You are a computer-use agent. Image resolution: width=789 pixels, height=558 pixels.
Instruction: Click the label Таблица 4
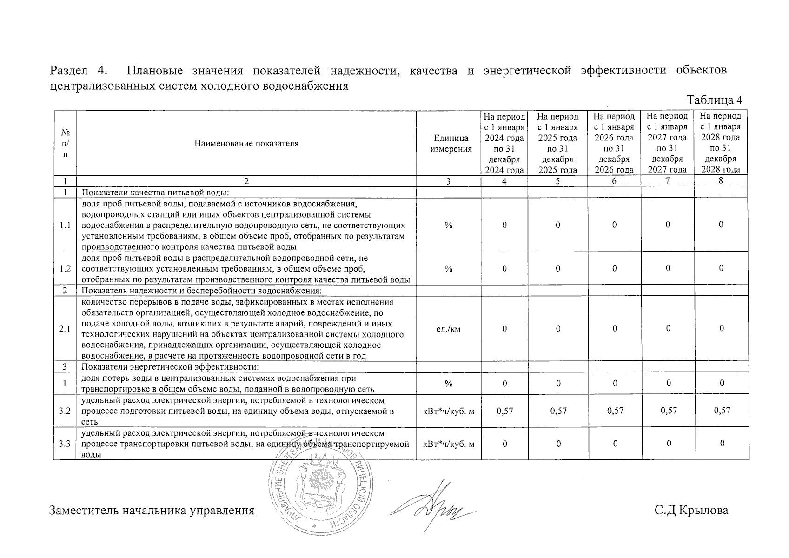click(x=714, y=100)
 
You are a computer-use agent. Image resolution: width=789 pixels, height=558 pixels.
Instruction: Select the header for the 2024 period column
click(x=504, y=143)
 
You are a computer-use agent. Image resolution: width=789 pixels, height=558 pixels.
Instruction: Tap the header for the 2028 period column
click(x=721, y=143)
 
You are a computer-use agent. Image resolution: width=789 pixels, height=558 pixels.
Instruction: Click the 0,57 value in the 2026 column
click(x=615, y=411)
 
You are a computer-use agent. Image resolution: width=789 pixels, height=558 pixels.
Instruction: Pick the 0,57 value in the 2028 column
click(x=722, y=411)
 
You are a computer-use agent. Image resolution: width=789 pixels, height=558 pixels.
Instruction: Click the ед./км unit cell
click(x=448, y=329)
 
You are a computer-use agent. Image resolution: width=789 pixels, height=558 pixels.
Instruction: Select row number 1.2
click(x=65, y=269)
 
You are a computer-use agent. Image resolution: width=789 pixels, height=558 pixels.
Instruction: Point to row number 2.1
click(x=65, y=329)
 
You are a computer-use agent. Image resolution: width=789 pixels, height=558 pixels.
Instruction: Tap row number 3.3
click(x=65, y=444)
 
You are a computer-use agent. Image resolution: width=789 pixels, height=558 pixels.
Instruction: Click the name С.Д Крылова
click(x=691, y=511)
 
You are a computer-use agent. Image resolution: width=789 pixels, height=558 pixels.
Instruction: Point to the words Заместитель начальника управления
click(x=152, y=511)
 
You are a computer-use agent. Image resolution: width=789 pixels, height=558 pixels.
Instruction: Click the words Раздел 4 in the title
click(x=80, y=71)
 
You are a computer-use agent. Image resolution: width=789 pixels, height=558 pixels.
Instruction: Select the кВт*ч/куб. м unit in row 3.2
click(x=448, y=411)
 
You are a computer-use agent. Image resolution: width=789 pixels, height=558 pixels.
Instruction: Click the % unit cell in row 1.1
click(x=448, y=225)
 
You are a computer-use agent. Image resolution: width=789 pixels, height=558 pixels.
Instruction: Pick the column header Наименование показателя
click(x=246, y=143)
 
